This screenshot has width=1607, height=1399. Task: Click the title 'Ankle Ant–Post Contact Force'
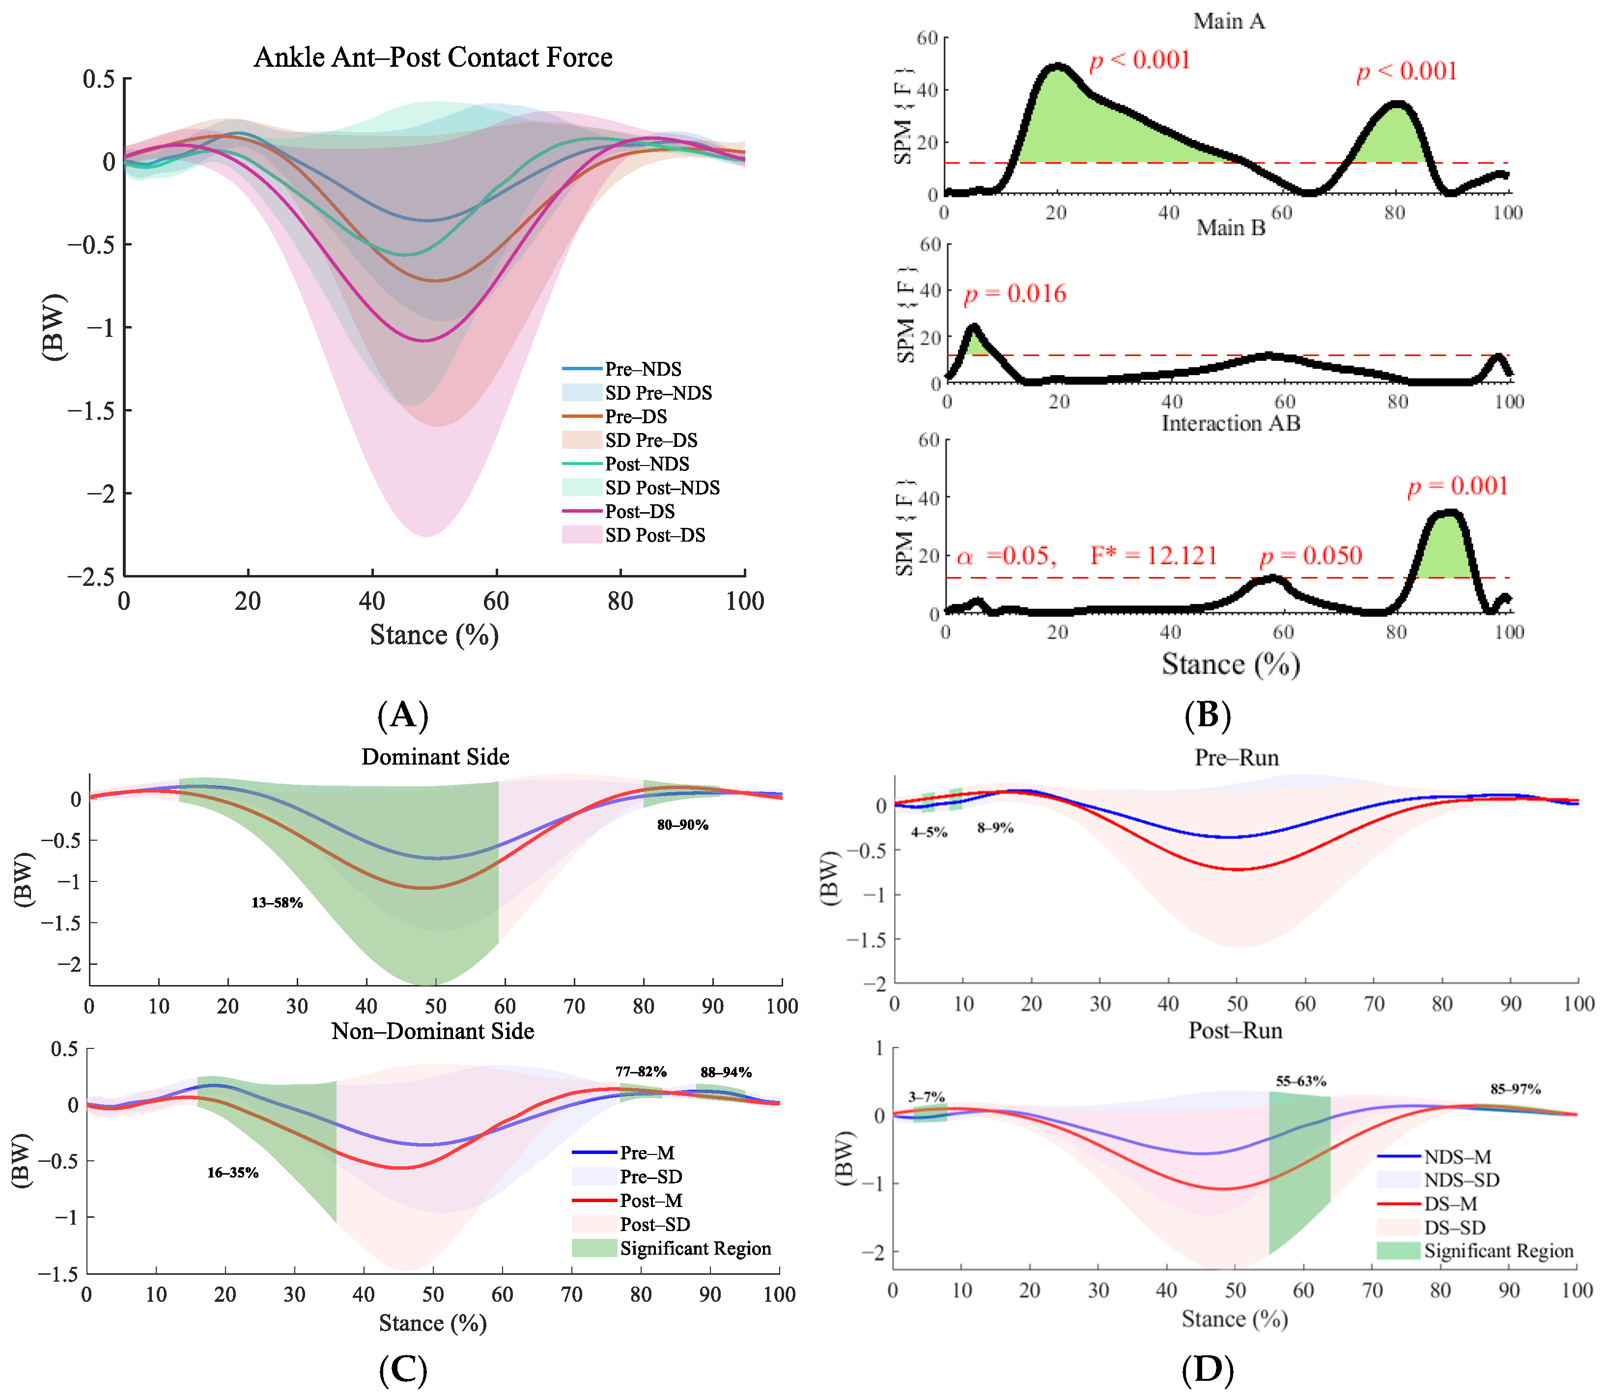[433, 58]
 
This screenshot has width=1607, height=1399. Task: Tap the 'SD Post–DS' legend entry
[654, 536]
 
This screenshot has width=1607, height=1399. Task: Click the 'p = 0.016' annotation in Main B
[1015, 294]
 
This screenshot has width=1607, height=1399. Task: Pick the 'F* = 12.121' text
[1154, 556]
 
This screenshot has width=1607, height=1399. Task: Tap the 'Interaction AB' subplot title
[1231, 423]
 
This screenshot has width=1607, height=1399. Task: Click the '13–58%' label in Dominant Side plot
[277, 903]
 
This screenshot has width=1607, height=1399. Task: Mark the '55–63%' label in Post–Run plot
[1301, 1081]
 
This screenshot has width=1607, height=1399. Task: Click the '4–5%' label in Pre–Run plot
[929, 832]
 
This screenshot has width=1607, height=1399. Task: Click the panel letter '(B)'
[1207, 714]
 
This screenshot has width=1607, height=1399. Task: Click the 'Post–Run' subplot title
[1235, 1031]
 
